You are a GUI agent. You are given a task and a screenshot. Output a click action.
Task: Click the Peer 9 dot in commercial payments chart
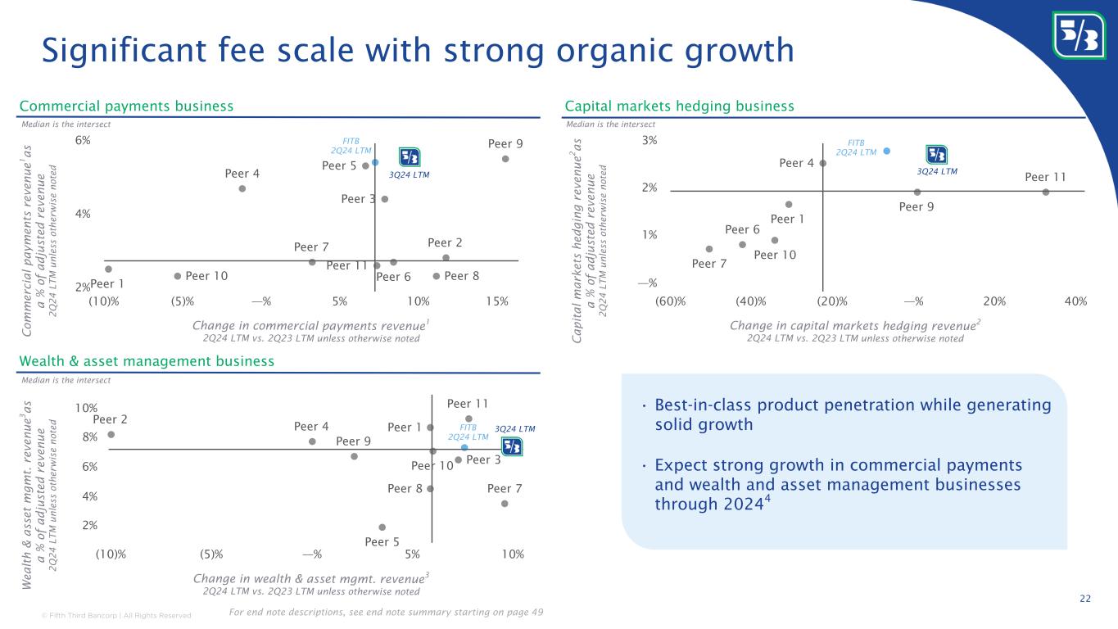(505, 159)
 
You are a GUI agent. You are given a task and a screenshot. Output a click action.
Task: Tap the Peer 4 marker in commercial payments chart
(242, 188)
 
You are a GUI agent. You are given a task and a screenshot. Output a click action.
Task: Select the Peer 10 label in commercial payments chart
(206, 276)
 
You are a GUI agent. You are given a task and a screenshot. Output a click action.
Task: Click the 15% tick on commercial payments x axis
(497, 301)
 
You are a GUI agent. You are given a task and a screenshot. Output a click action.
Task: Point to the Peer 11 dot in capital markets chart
(1046, 192)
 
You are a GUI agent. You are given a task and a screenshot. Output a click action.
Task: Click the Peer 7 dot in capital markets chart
(709, 249)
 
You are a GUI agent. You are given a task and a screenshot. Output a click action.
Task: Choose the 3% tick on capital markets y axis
(650, 141)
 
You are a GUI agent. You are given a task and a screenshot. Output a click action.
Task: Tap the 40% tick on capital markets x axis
(1075, 301)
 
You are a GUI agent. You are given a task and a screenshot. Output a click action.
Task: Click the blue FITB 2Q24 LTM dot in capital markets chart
(887, 151)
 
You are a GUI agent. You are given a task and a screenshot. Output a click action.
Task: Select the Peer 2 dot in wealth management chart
(111, 435)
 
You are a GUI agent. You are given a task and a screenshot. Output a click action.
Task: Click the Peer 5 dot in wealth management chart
(382, 527)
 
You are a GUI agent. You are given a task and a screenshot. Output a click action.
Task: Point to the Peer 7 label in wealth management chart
(505, 489)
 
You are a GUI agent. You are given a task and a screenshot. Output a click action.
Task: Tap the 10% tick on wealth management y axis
(87, 408)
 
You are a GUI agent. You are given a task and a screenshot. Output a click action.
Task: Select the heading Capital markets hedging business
(680, 106)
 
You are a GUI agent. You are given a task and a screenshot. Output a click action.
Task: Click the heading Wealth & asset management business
(147, 361)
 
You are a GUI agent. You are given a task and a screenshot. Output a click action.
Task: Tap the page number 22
(1084, 600)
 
